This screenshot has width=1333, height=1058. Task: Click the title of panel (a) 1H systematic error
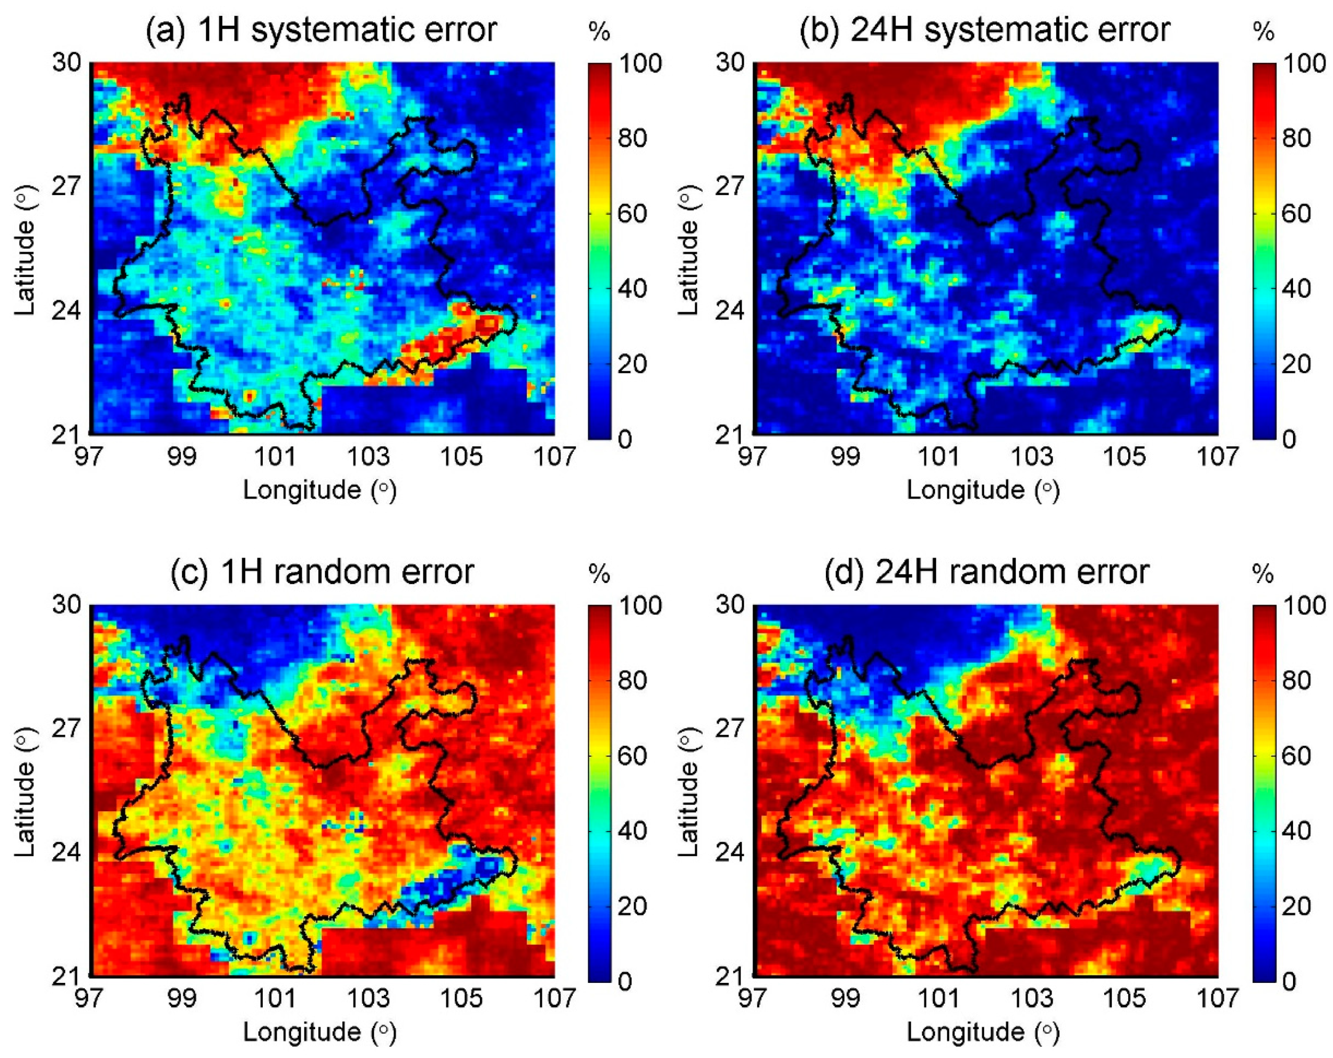(x=321, y=30)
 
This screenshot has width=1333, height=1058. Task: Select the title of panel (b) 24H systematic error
(x=985, y=30)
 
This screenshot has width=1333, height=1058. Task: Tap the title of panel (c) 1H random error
(x=322, y=572)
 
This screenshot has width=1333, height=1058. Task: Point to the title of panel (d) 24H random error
(x=987, y=572)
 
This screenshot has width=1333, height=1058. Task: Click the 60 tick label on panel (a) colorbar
(x=632, y=213)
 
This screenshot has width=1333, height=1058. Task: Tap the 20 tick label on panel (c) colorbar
(x=632, y=906)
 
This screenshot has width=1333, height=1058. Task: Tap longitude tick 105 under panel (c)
(x=461, y=998)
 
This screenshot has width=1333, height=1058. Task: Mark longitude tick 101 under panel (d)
(x=939, y=998)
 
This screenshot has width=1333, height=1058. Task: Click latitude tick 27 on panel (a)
(x=67, y=186)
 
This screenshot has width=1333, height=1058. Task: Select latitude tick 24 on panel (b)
(x=732, y=310)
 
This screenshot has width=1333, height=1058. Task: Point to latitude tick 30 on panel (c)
(x=67, y=604)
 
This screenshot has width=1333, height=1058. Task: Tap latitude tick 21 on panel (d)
(x=732, y=976)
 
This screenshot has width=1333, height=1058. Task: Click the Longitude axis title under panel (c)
(x=319, y=1031)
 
